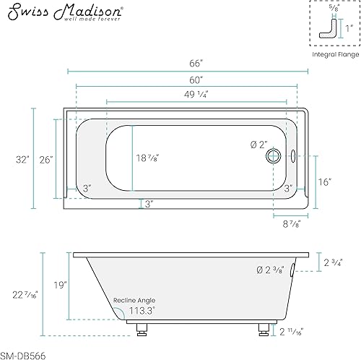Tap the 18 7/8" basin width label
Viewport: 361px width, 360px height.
coord(149,158)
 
